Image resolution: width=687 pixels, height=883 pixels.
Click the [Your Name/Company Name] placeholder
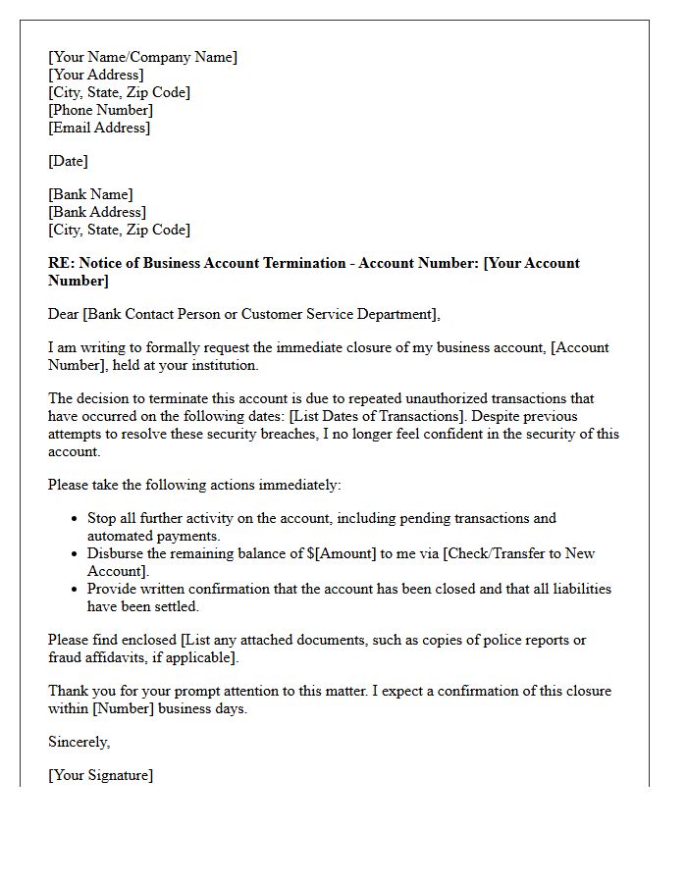142,57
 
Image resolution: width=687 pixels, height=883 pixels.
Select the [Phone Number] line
100,110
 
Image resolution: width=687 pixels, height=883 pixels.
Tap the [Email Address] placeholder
99,128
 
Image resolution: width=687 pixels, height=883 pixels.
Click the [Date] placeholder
68,161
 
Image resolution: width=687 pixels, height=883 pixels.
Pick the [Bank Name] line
90,194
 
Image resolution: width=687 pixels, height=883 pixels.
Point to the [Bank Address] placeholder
97,212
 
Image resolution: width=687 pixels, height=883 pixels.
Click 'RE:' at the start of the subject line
61,263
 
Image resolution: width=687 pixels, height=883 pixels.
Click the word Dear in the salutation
65,314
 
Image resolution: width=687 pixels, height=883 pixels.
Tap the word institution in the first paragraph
224,365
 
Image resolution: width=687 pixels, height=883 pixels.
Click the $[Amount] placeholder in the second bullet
342,553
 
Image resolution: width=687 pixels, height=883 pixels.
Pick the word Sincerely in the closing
79,742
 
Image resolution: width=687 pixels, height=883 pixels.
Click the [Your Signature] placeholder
100,775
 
